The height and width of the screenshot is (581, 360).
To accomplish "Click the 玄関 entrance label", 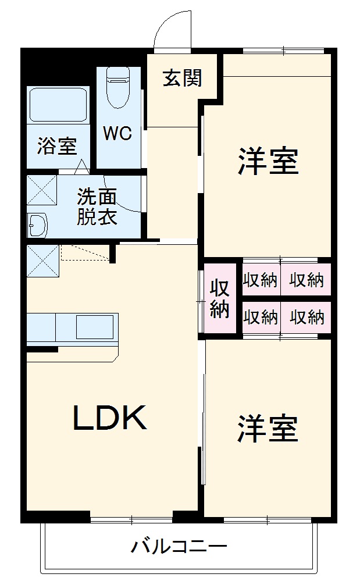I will (182, 78).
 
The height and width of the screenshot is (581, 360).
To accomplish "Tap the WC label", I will (117, 133).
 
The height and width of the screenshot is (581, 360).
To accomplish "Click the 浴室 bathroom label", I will (57, 145).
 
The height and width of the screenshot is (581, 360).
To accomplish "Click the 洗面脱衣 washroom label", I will (98, 206).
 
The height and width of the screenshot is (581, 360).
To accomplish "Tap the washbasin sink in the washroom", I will (38, 224).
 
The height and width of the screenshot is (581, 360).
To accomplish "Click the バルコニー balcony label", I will (178, 547).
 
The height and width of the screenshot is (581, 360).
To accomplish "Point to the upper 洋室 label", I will (268, 161).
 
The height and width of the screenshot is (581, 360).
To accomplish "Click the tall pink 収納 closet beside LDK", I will (219, 299).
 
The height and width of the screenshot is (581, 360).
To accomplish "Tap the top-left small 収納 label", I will (260, 280).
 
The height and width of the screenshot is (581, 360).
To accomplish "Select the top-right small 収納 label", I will (306, 280).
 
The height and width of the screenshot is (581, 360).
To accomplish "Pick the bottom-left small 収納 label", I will (260, 318).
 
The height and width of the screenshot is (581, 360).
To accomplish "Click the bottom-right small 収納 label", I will (306, 318).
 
